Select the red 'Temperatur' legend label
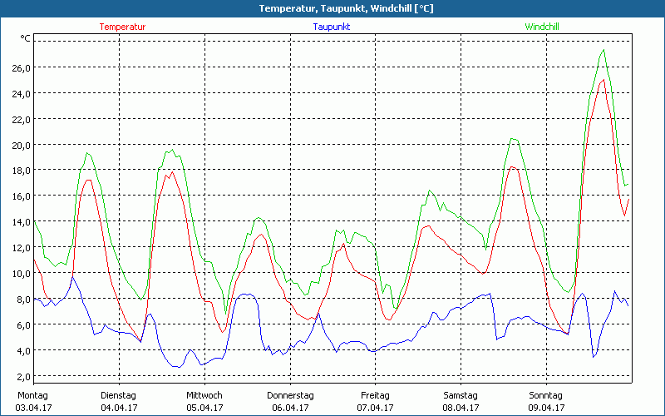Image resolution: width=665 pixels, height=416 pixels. (x=122, y=27)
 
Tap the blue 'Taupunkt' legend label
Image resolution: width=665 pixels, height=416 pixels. (x=332, y=27)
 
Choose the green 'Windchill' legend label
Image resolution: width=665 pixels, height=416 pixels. (x=542, y=27)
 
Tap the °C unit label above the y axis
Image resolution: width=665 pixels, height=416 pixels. (x=26, y=38)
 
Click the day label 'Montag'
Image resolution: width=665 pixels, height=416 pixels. (x=32, y=395)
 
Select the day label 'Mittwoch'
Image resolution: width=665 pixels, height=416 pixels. (x=204, y=395)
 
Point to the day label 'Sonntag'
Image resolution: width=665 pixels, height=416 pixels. (x=545, y=395)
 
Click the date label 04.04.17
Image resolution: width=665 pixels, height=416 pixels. (x=118, y=408)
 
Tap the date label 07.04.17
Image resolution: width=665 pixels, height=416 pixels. (x=375, y=408)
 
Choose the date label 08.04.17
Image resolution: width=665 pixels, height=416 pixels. (x=461, y=408)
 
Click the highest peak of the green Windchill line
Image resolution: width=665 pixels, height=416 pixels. (x=603, y=50)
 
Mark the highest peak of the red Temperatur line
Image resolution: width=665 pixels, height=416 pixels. (x=602, y=80)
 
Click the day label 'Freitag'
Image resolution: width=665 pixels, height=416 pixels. (x=375, y=395)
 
